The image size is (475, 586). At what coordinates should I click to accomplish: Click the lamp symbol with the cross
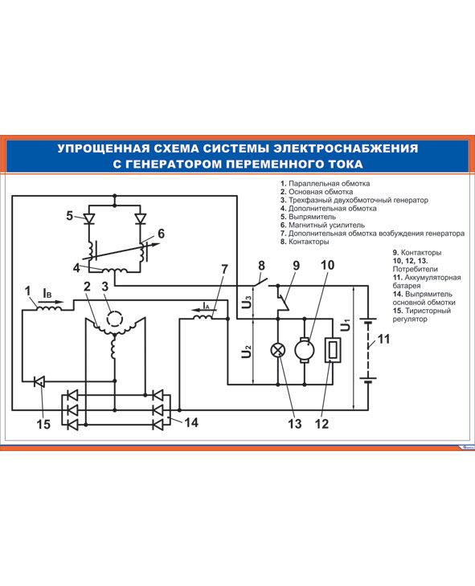(x=278, y=350)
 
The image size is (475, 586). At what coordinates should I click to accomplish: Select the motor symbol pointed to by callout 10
(x=305, y=350)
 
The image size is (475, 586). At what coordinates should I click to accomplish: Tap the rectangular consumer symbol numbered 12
(x=333, y=350)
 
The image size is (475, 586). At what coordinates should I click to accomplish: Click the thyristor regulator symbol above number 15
(x=39, y=381)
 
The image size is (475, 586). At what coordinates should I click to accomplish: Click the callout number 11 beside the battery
(x=383, y=339)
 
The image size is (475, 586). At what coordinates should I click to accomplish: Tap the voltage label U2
(x=246, y=352)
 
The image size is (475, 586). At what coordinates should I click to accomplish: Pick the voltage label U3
(x=247, y=301)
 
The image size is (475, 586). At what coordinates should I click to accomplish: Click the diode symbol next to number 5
(x=89, y=218)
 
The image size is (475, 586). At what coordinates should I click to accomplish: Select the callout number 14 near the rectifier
(x=191, y=422)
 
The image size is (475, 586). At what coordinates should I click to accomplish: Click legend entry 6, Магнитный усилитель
(x=322, y=225)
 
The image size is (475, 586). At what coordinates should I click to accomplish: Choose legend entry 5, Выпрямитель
(x=308, y=217)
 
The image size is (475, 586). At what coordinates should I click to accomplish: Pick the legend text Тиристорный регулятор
(x=422, y=315)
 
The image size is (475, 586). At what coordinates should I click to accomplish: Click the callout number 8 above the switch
(x=261, y=266)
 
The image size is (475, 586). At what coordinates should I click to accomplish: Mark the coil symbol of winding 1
(x=49, y=308)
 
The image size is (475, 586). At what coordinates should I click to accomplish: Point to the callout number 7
(x=224, y=269)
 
